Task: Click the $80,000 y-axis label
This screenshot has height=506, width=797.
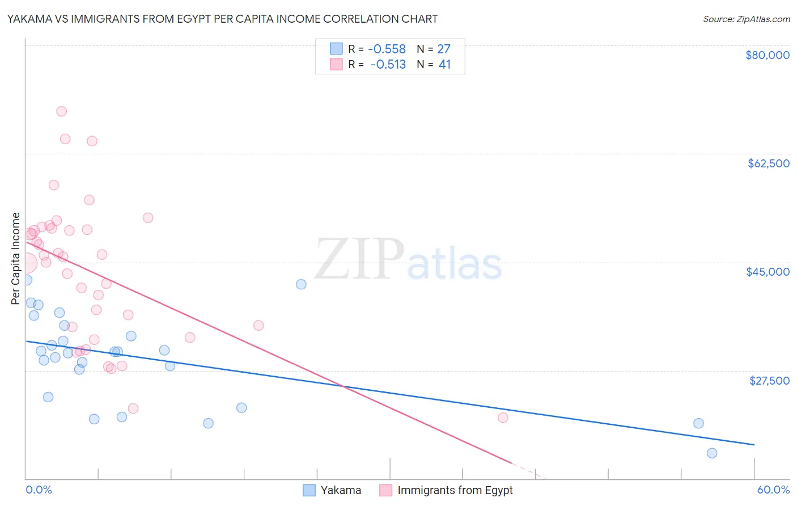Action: click(768, 55)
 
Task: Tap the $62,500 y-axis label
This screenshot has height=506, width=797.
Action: click(769, 163)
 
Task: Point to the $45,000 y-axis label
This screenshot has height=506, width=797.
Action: click(768, 272)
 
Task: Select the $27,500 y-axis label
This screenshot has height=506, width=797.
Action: click(769, 381)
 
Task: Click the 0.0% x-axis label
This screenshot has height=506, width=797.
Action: click(39, 490)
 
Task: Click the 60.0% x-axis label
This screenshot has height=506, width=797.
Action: click(773, 490)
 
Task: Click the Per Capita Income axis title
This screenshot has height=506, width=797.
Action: click(16, 258)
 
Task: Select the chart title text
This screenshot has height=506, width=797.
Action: click(222, 19)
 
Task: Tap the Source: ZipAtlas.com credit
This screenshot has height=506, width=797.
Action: click(746, 19)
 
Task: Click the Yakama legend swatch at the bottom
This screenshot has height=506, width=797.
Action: click(309, 490)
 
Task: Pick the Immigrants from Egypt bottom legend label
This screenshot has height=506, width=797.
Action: click(455, 490)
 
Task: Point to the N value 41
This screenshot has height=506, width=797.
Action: click(444, 65)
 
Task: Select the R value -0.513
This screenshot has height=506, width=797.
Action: click(388, 65)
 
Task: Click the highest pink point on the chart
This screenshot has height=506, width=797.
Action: click(62, 111)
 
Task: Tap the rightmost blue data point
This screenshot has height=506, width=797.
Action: click(712, 453)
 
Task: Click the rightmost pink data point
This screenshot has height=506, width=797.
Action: click(503, 418)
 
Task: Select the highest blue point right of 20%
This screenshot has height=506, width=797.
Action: click(301, 284)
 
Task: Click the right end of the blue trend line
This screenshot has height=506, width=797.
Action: click(754, 445)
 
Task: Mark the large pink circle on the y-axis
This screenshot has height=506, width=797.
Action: click(27, 263)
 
